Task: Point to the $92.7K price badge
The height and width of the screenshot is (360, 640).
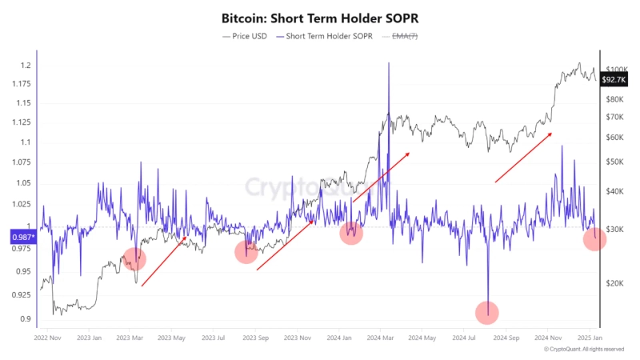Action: (613, 80)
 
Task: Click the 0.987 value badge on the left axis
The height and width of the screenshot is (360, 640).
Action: (22, 237)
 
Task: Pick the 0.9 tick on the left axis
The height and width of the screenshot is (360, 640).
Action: (26, 319)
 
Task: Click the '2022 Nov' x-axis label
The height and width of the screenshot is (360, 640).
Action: (47, 338)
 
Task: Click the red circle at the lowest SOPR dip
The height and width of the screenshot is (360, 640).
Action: (486, 312)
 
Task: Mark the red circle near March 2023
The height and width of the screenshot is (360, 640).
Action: (134, 258)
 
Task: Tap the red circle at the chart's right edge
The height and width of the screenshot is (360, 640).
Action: (594, 238)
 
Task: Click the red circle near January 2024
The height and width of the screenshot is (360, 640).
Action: (350, 233)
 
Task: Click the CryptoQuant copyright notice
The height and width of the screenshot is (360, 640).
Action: (583, 350)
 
